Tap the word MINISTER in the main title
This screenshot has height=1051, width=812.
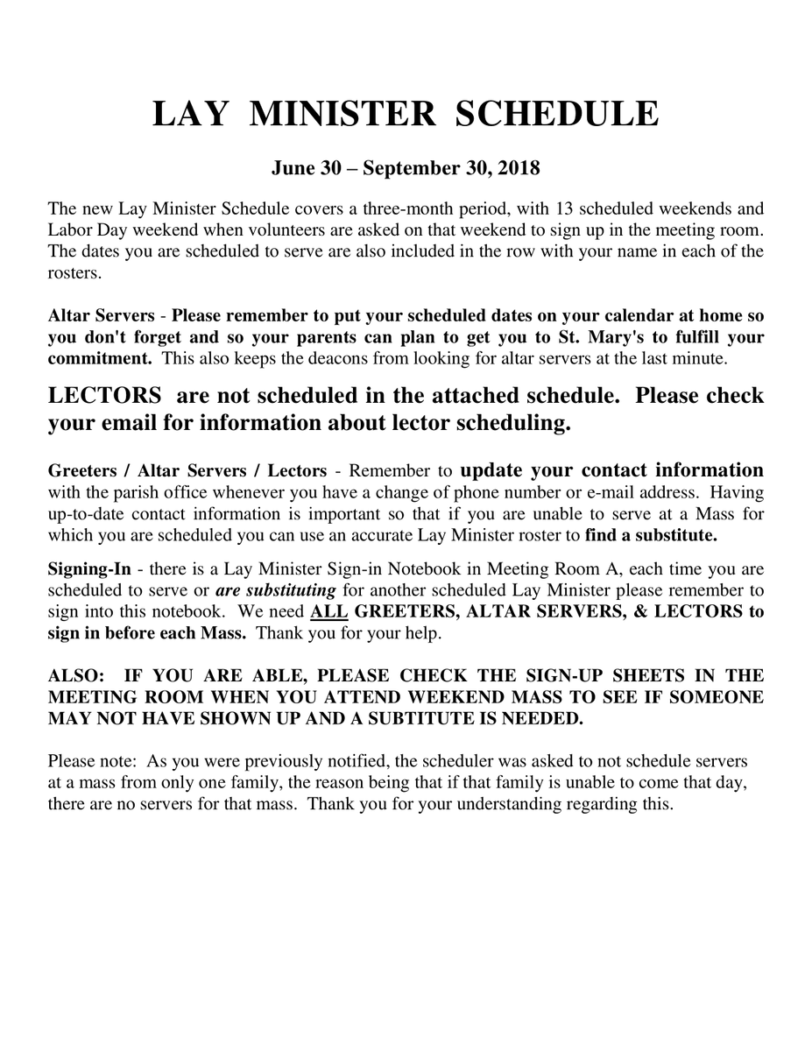[x=342, y=115]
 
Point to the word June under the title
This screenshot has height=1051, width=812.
[x=293, y=167]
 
